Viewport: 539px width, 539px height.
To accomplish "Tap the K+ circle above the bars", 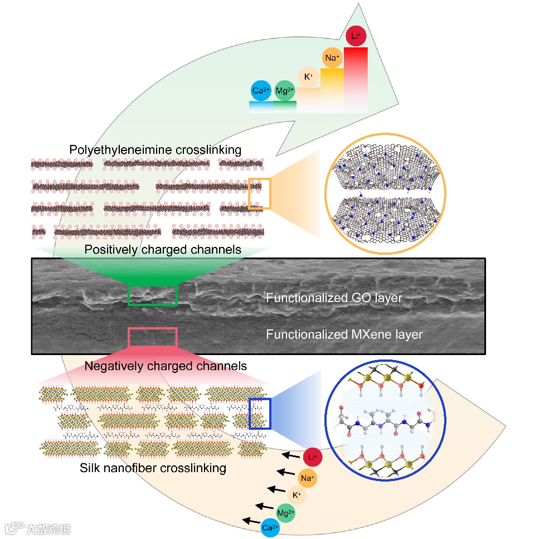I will pos(308,77).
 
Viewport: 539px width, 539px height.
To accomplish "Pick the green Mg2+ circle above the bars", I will pos(284,90).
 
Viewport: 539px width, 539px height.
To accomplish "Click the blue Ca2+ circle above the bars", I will pos(260,90).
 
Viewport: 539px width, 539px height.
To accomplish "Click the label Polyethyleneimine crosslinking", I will pos(155,150).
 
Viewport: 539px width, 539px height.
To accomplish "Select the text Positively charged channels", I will pos(163,249).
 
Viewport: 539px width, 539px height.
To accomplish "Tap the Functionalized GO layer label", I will pos(334,298).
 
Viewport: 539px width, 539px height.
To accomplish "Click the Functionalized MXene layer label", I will pos(344,334).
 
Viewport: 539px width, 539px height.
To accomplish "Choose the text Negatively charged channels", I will pos(166,366).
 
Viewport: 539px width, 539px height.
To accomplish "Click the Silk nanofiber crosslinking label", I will pos(153,468).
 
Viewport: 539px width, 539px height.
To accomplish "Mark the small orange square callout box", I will pos(259,193).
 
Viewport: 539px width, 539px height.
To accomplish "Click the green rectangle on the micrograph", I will pos(153,295).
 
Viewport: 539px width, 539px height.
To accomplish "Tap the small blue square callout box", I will pos(259,413).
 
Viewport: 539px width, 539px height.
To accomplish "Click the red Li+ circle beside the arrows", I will pos(313,458).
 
